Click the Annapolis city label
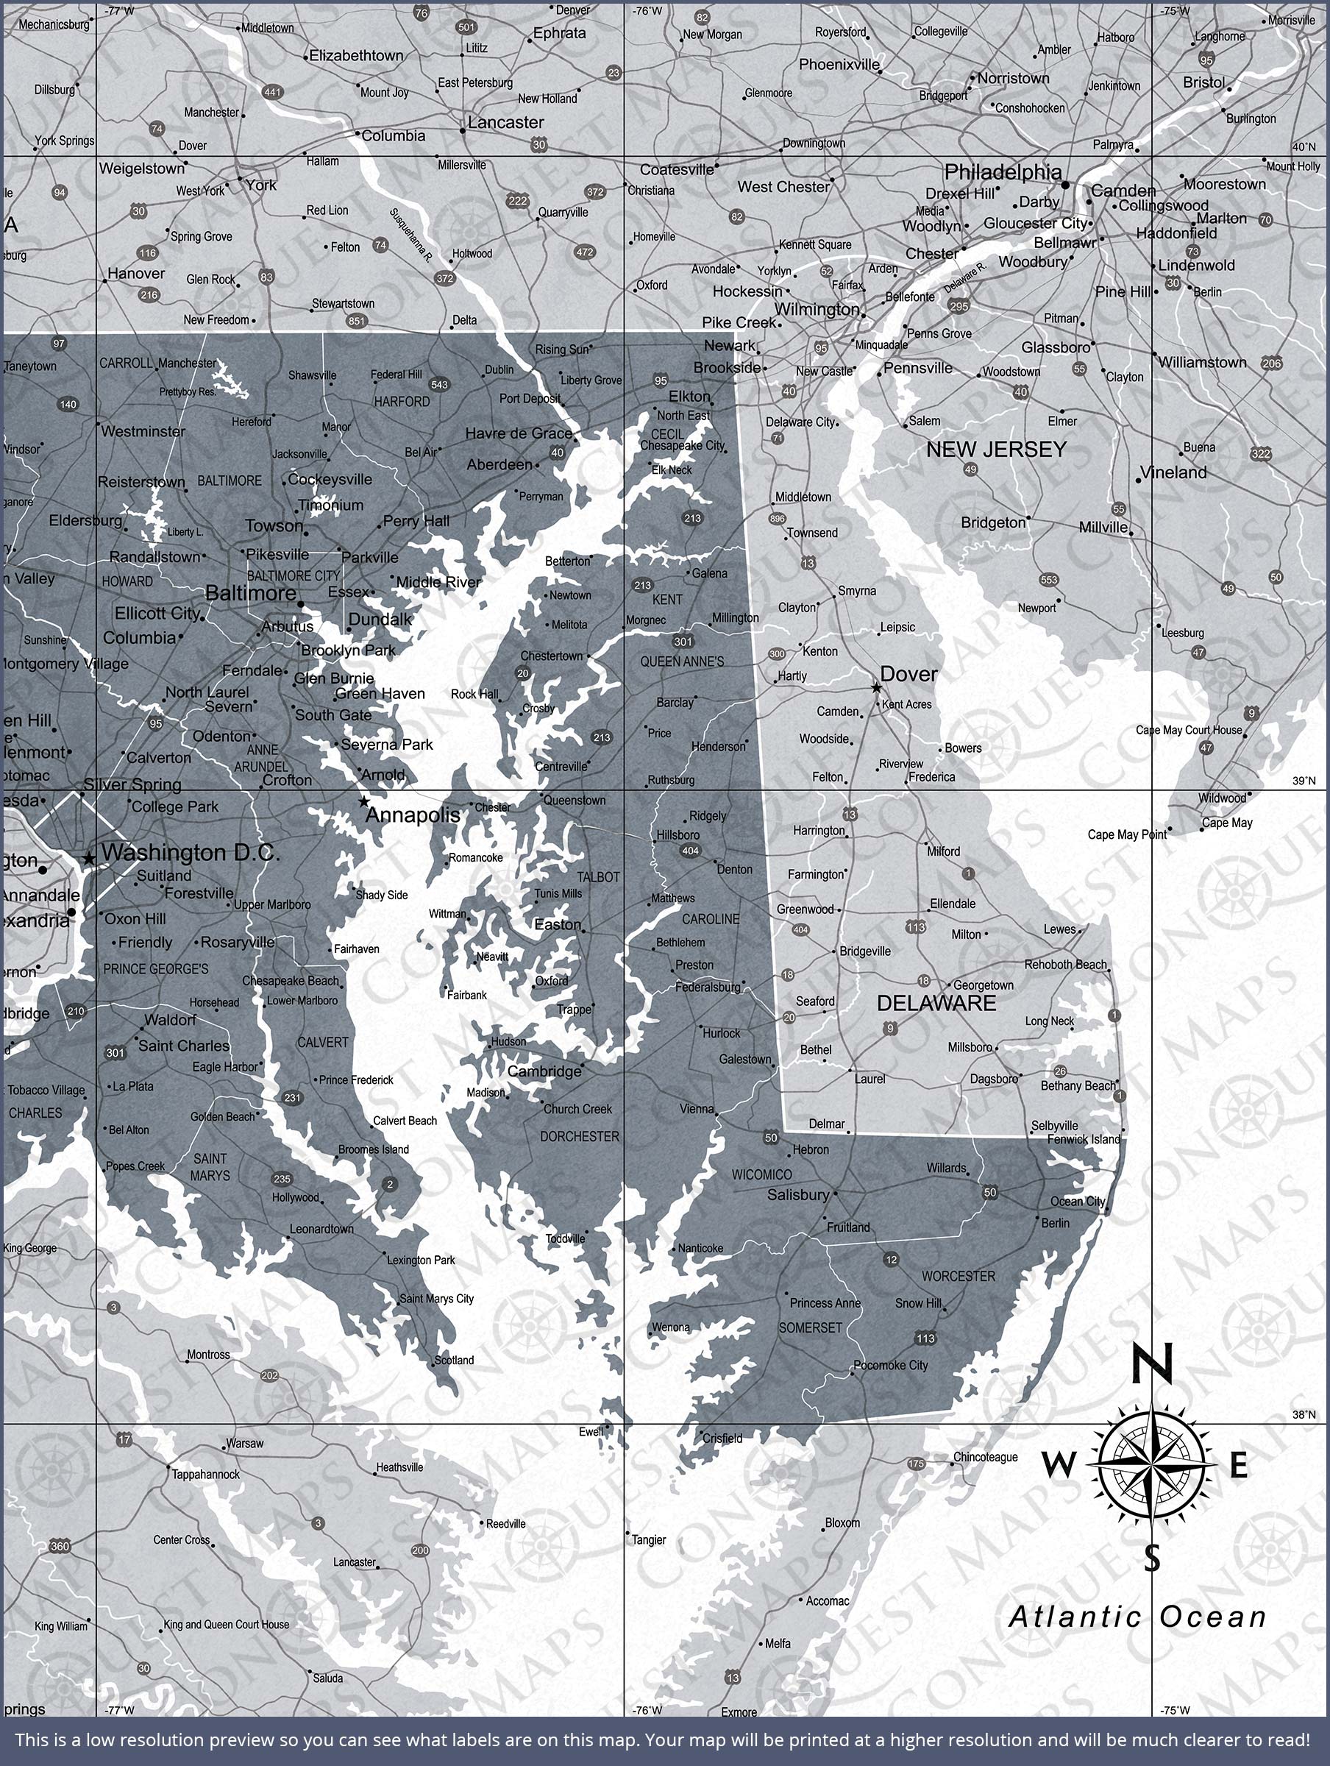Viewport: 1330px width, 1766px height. coord(413,815)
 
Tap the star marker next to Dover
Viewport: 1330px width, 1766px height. coord(876,687)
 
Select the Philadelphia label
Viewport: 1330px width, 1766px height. coord(1003,171)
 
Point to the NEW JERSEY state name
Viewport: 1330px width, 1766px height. coord(996,450)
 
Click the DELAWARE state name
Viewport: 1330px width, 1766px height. coord(936,1004)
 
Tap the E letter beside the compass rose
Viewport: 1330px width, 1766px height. coord(1238,1466)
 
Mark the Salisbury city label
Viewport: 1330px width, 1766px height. coord(798,1194)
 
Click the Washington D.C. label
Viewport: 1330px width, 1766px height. coord(191,853)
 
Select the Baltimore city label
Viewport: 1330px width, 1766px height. coord(251,593)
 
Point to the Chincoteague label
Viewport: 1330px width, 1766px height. coord(985,1457)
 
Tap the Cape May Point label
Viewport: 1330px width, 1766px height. coord(1126,835)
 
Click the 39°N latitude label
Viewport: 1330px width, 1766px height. coord(1304,781)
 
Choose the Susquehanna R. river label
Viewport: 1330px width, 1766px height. coord(411,235)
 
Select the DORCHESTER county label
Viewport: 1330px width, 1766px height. coord(580,1136)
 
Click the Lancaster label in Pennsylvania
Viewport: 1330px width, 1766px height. coord(505,123)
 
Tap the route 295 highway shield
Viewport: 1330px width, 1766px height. coord(959,306)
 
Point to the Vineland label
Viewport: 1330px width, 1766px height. coord(1173,472)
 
